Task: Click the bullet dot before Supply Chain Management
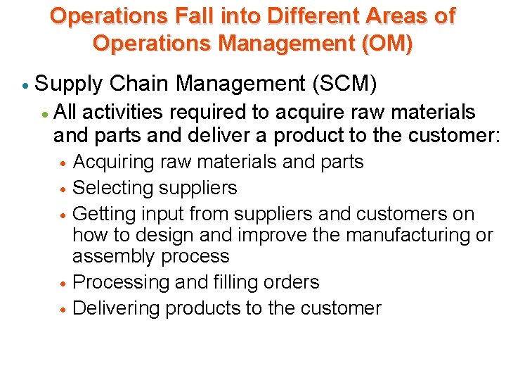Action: (25, 85)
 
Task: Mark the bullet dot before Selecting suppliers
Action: (63, 189)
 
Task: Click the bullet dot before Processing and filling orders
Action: (63, 284)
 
